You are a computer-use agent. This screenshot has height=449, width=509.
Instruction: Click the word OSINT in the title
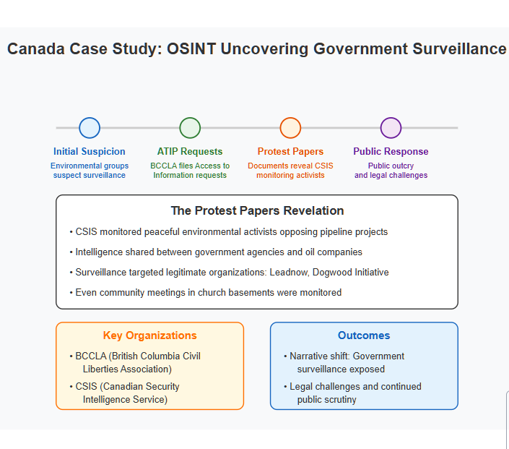coord(191,48)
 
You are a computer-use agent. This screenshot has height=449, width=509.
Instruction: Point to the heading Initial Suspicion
coord(90,152)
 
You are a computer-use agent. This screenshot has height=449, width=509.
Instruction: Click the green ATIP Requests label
coord(190,152)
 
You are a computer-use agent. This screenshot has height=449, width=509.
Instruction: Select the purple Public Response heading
coord(391,152)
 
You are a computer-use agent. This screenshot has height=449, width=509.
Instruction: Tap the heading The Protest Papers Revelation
coord(257,210)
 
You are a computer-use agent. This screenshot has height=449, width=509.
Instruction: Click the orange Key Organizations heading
coord(149,335)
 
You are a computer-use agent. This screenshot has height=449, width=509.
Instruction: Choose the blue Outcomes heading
coord(364,335)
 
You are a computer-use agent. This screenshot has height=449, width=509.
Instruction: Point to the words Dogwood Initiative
coord(351,272)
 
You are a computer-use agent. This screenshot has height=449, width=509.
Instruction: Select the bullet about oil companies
coord(216,252)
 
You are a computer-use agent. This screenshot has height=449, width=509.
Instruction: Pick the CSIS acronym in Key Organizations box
coord(86,386)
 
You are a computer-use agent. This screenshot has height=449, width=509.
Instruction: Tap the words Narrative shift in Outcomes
coord(319,356)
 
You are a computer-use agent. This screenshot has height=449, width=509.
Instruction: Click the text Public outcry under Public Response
coord(391,166)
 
